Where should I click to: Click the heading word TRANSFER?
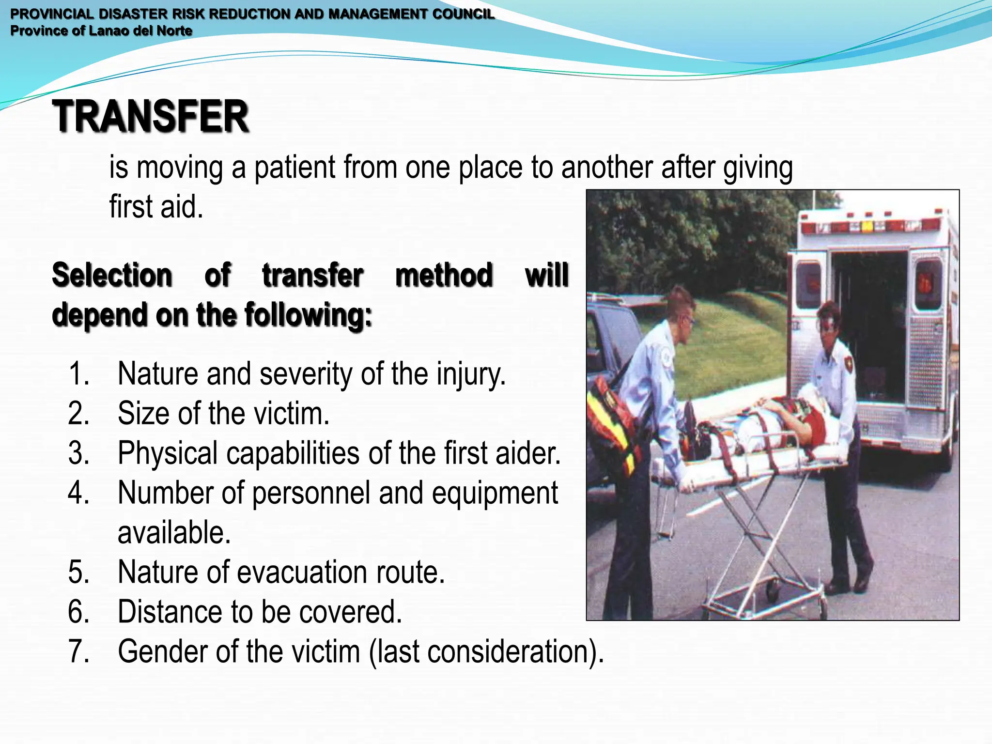pos(151,116)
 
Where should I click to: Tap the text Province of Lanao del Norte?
pos(101,31)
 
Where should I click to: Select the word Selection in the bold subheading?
pos(112,275)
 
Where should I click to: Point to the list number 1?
pos(78,374)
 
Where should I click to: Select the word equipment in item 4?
pos(495,493)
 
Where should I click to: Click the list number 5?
pos(78,572)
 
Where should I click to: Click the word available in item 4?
pos(174,533)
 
